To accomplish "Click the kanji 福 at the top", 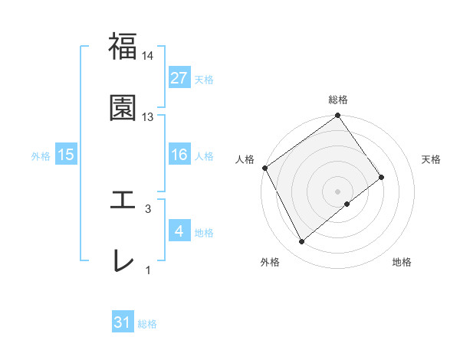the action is tap(123, 47).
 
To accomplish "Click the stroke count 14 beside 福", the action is tap(148, 56).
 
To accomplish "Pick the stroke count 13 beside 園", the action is tap(148, 116).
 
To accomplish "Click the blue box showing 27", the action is tap(179, 78).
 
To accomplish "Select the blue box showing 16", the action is tap(179, 155).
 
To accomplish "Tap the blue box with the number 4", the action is tap(179, 231).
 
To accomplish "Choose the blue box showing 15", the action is tap(66, 155).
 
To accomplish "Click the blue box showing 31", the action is tap(123, 322).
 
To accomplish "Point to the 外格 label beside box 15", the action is tap(41, 155).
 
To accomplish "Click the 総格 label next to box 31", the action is tap(147, 324).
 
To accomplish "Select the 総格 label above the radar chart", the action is tap(338, 100).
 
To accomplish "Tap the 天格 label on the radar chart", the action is tap(431, 159).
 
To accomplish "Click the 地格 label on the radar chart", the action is tap(402, 263).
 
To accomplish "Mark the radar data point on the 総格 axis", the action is tap(338, 116).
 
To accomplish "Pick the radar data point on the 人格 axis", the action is tap(265, 168).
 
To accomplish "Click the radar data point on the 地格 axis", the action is tap(347, 204).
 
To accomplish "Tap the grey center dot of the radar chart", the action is tap(338, 191).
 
